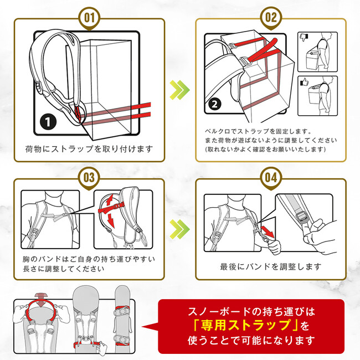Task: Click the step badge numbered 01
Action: click(x=89, y=17)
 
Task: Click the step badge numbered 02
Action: click(x=270, y=17)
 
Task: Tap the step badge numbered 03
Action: click(x=89, y=178)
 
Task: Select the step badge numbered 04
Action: click(x=270, y=178)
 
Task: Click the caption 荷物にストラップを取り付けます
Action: click(x=89, y=150)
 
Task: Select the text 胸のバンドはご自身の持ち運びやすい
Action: click(x=89, y=259)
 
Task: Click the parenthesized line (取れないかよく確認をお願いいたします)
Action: click(x=265, y=150)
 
